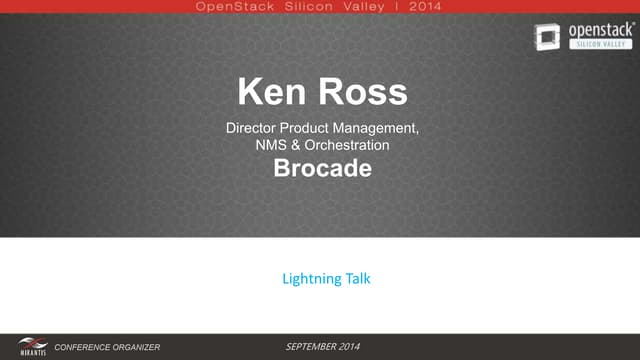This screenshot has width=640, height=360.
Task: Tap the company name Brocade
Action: pyautogui.click(x=322, y=168)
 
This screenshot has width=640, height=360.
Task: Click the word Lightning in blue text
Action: pyautogui.click(x=310, y=279)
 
